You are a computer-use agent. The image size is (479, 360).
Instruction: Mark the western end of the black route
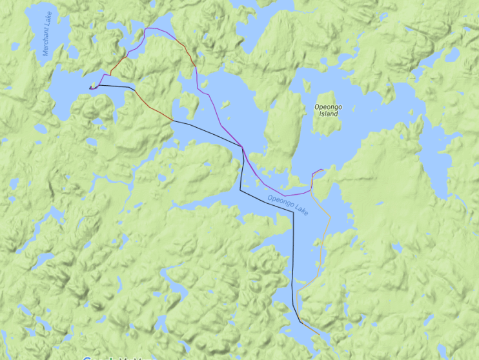pos(90,87)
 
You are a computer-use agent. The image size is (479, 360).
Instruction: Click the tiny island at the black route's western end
pos(94,85)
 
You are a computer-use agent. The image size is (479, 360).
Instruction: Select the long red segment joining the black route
pos(152,106)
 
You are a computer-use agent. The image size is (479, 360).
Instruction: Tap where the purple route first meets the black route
pos(242,146)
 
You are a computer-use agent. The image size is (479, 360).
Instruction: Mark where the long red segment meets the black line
pos(172,121)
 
